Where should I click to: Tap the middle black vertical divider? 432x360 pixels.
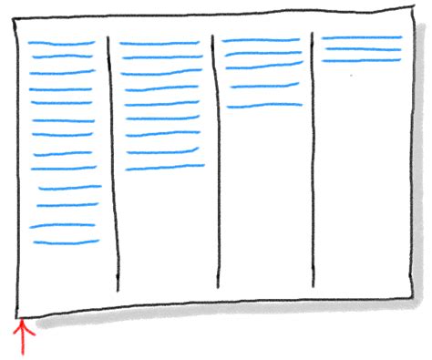[216, 164]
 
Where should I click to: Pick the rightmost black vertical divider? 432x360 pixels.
[313, 164]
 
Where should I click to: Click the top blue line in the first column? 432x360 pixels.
[61, 43]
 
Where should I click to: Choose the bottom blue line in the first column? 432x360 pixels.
[66, 242]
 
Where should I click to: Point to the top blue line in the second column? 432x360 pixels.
[160, 43]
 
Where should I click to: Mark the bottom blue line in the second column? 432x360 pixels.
[165, 167]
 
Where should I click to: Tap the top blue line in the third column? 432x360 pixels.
[261, 40]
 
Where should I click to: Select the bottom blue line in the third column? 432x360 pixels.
[263, 106]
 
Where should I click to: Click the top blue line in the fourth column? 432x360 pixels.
[362, 37]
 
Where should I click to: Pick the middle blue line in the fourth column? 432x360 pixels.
[362, 49]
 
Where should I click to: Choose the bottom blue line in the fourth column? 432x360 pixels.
[362, 60]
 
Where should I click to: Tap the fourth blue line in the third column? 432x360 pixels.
[265, 87]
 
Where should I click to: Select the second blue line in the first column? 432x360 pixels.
[64, 57]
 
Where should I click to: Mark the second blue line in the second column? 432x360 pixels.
[162, 57]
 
